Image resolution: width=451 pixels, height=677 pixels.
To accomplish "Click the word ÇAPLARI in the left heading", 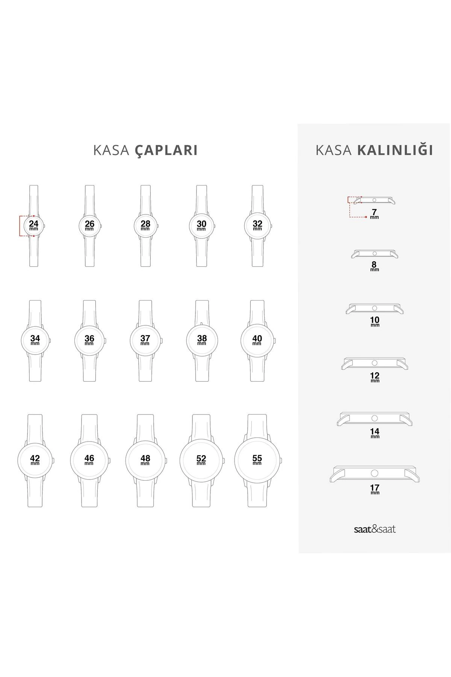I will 166,150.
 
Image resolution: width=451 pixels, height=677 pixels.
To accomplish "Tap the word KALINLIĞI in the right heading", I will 395,150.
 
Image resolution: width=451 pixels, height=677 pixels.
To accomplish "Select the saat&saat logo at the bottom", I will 374,529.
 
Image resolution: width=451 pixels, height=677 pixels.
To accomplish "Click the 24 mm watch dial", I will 34,226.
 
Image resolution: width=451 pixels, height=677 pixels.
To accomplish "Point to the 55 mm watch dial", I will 257,460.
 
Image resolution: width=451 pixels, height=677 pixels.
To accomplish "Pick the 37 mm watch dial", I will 145,340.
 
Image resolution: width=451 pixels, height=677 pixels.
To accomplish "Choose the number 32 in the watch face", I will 257,224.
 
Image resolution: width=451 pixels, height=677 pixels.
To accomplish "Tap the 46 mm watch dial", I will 89,460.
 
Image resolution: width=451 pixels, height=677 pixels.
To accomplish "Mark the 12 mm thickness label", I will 375,377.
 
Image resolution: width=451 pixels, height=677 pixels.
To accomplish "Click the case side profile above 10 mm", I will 374,308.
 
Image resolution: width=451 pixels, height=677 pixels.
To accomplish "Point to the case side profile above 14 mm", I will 374,419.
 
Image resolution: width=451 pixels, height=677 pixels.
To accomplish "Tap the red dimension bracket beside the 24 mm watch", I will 20,226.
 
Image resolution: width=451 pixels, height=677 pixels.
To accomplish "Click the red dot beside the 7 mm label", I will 366,217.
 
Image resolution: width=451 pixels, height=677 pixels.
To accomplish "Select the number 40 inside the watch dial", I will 257,338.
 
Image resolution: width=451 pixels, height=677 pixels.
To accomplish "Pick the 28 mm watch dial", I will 145,226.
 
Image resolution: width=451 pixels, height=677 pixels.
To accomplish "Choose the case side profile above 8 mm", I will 374,254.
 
